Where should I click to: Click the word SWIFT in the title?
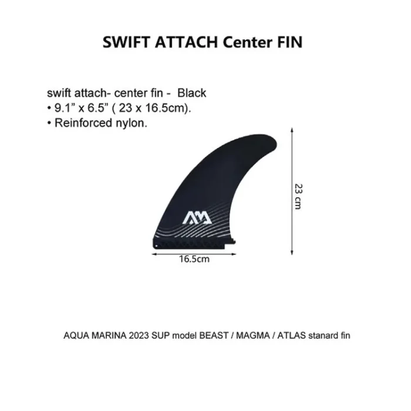126,42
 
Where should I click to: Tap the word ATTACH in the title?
186,42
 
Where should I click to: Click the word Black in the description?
191,93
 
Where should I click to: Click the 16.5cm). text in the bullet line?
168,107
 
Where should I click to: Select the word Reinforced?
83,123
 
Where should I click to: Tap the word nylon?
132,123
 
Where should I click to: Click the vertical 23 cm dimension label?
298,197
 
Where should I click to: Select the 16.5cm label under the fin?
194,260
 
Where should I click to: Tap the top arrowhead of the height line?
292,130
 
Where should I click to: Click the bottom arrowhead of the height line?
292,252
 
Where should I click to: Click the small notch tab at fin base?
233,242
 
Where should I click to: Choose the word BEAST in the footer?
214,335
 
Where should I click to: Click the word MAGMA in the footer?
253,335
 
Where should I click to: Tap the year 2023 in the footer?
139,335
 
